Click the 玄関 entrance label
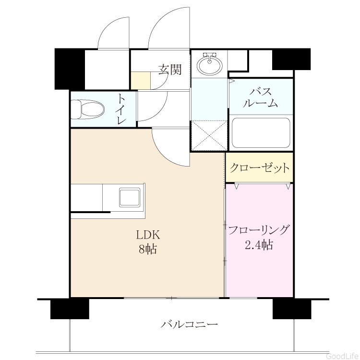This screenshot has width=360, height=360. [x=170, y=70]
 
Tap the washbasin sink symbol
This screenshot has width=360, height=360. [x=210, y=64]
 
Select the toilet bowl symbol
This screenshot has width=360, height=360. [x=87, y=109]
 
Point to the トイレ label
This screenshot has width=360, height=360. [x=121, y=109]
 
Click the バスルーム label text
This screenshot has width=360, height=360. [x=261, y=98]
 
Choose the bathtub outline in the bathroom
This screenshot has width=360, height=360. [x=261, y=133]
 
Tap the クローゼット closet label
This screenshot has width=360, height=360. [x=259, y=168]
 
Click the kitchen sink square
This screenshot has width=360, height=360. [x=130, y=197]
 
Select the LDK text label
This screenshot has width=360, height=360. [x=148, y=235]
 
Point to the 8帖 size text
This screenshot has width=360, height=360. [x=148, y=249]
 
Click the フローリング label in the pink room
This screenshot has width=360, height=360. [x=259, y=230]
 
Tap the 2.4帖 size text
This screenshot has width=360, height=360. [x=259, y=244]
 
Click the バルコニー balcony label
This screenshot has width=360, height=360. [x=189, y=324]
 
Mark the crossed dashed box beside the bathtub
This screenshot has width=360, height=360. [x=209, y=136]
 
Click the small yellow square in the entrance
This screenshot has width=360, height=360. [x=141, y=80]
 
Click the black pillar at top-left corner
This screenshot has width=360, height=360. [x=70, y=69]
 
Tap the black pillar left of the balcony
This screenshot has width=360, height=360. [x=70, y=309]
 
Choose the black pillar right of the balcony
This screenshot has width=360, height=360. [x=292, y=309]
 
